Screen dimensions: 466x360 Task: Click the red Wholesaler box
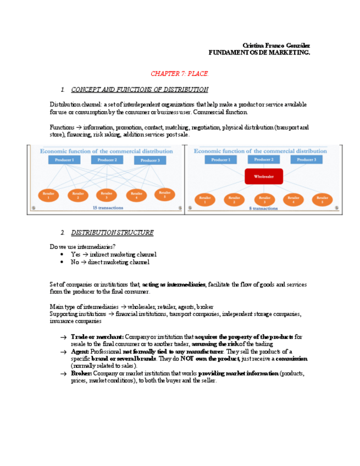click(264, 176)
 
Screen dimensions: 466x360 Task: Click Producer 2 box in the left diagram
click(107, 160)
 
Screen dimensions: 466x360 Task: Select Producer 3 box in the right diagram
click(307, 159)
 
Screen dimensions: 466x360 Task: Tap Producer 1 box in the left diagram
click(64, 160)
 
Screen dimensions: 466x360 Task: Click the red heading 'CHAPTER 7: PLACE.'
click(180, 73)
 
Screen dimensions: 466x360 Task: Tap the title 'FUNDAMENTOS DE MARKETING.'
click(259, 52)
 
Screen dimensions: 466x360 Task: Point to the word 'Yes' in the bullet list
click(75, 254)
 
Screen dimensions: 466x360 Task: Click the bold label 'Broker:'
click(81, 373)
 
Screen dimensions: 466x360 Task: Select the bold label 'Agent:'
click(80, 351)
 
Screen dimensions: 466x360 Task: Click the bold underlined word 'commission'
click(291, 358)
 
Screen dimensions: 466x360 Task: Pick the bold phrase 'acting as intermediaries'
click(174, 284)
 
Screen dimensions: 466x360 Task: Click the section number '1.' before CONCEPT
click(63, 89)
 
